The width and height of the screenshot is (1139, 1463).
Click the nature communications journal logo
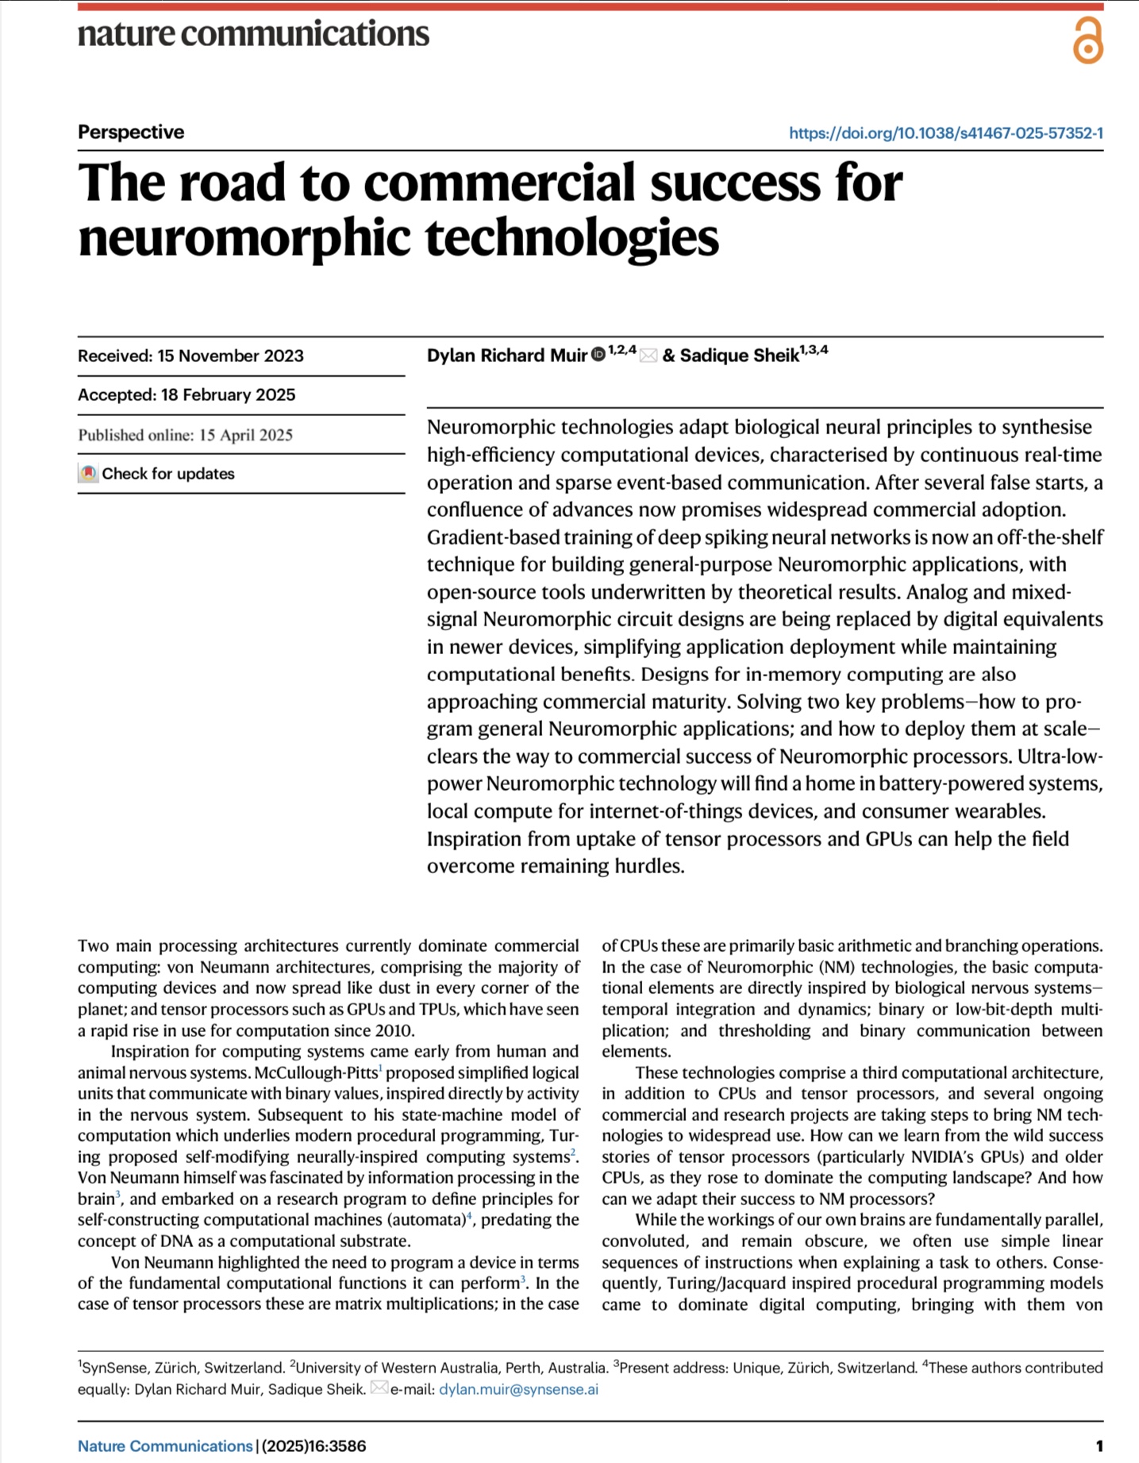[253, 33]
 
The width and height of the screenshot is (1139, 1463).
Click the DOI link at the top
[945, 133]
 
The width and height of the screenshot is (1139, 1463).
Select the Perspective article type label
[131, 132]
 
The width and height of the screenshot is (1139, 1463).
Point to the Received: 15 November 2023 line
[190, 356]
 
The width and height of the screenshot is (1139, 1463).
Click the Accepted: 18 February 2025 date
[187, 395]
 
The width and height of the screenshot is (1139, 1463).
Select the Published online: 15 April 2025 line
[185, 434]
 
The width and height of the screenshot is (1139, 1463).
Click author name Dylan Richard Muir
[506, 355]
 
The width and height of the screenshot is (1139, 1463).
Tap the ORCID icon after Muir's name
[598, 354]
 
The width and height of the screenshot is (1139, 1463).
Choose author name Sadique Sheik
[739, 355]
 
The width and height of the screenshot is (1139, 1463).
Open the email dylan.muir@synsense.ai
[518, 1389]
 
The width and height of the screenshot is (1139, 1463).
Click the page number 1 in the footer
[1099, 1446]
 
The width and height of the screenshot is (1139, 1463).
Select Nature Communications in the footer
[165, 1446]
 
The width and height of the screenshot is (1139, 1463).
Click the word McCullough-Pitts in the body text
[317, 1072]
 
